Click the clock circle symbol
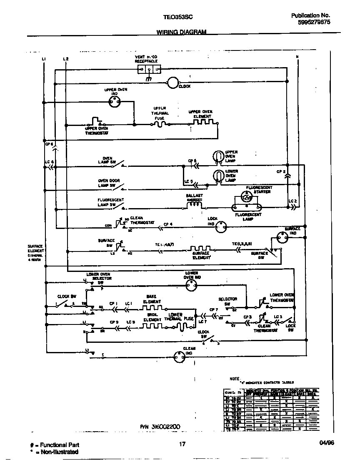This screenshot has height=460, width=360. click(x=172, y=83)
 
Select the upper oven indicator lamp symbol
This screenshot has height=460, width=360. click(x=114, y=101)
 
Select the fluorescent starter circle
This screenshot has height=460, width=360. click(x=246, y=197)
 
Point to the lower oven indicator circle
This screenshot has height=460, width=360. click(x=192, y=285)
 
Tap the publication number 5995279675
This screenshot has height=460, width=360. click(x=314, y=23)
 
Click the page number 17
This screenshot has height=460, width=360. click(x=182, y=444)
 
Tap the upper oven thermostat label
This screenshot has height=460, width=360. click(x=97, y=131)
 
